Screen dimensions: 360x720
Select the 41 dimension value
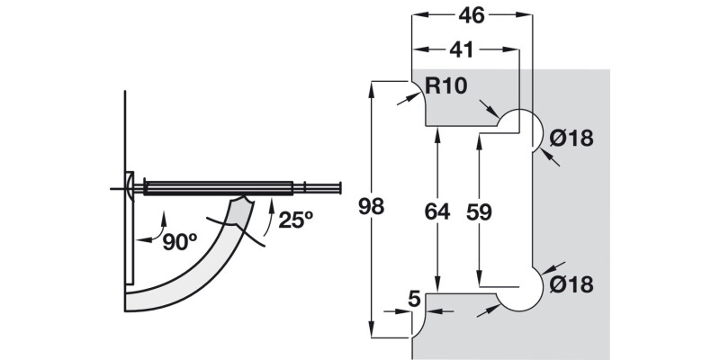[x=463, y=49]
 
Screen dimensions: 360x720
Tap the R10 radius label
[x=446, y=87]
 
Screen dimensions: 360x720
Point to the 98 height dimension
[x=370, y=207]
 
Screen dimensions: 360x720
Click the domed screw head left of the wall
[x=129, y=188]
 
